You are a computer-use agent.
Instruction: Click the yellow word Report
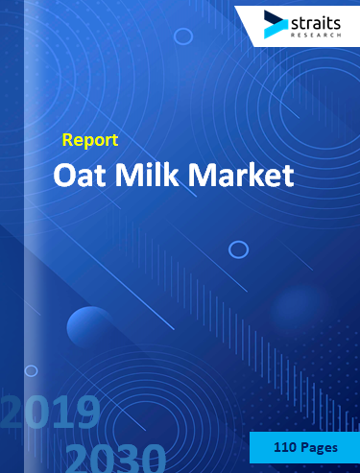click(89, 140)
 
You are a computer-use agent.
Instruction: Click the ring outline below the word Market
click(238, 249)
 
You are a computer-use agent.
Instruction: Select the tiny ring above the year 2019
click(31, 370)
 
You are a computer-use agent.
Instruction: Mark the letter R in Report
click(68, 140)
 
